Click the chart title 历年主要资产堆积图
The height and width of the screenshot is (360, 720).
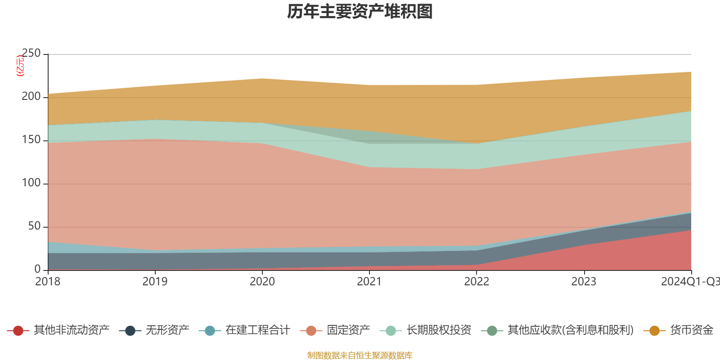click(x=360, y=12)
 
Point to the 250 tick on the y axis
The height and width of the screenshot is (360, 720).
click(x=31, y=54)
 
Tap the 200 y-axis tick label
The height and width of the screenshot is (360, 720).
click(x=31, y=97)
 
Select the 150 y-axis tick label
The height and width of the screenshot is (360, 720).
click(x=31, y=140)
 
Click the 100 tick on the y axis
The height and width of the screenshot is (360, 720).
click(x=31, y=183)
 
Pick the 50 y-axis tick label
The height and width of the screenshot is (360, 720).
click(x=34, y=226)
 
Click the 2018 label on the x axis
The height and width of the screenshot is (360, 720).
click(x=48, y=282)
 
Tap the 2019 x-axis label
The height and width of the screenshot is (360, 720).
click(x=155, y=282)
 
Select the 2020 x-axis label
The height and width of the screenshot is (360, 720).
click(x=262, y=282)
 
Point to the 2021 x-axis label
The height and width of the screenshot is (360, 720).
click(x=369, y=282)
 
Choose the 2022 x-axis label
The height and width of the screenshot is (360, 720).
click(x=477, y=282)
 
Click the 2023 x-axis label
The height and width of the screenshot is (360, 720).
click(x=584, y=282)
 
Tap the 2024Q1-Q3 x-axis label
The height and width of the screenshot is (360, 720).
click(x=690, y=282)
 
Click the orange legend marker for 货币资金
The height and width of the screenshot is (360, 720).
click(x=654, y=331)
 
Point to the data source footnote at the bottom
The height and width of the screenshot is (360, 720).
click(x=360, y=355)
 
